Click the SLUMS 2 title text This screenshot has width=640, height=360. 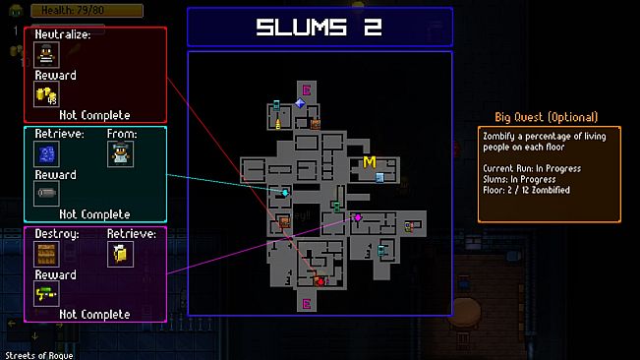pos(319,27)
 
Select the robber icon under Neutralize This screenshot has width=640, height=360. pos(46,55)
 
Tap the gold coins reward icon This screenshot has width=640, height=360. pos(46,94)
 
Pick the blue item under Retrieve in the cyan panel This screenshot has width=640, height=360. pos(46,153)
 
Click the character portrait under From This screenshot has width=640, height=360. pos(121,153)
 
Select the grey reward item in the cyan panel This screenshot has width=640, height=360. pos(46,193)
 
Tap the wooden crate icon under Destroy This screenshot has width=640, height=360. pos(46,254)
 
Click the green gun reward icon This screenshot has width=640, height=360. pos(46,294)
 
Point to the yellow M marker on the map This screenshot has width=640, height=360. pos(370,161)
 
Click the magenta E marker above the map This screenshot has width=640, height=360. pos(306,91)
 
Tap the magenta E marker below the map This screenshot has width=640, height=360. pos(306,304)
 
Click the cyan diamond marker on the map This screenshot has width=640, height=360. pos(286,193)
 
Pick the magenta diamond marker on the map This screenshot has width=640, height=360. pos(359,217)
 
